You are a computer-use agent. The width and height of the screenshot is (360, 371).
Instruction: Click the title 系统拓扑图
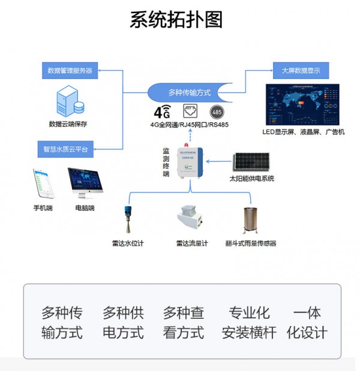(x=176, y=20)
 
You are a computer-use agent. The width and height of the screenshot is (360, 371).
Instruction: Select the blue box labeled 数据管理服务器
(x=70, y=71)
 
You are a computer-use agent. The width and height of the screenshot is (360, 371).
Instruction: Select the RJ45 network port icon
(x=190, y=111)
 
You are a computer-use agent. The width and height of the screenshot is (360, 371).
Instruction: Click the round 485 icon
(x=217, y=111)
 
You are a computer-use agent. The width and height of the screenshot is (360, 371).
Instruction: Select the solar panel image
(x=251, y=161)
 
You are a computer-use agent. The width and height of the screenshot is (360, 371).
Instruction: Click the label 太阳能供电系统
(x=251, y=179)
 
